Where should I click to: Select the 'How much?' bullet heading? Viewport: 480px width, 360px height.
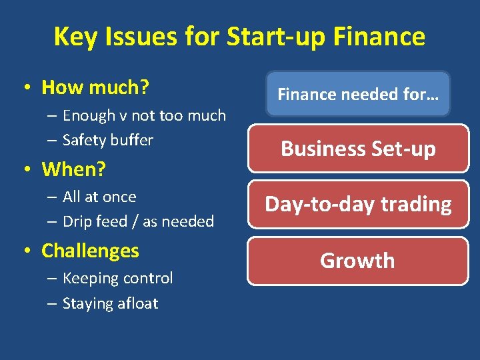(95, 87)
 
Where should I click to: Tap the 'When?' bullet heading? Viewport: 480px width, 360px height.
(73, 169)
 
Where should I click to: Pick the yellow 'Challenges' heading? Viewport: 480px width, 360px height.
(90, 251)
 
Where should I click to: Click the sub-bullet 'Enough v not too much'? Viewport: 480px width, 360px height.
(144, 115)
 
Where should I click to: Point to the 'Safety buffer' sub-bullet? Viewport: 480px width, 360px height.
(107, 140)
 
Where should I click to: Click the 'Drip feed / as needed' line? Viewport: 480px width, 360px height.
(138, 221)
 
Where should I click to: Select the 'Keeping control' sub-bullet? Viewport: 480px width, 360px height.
(117, 278)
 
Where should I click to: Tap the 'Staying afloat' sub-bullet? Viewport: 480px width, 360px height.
(110, 303)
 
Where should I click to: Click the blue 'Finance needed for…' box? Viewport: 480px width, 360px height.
(358, 95)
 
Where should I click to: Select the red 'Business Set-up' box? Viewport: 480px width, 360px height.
(358, 148)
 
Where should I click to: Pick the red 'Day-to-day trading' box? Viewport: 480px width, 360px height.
(358, 204)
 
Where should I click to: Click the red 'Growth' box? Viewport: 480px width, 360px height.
(358, 261)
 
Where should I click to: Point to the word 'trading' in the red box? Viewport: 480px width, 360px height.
(417, 204)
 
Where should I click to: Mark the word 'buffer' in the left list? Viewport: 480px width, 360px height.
(132, 140)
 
